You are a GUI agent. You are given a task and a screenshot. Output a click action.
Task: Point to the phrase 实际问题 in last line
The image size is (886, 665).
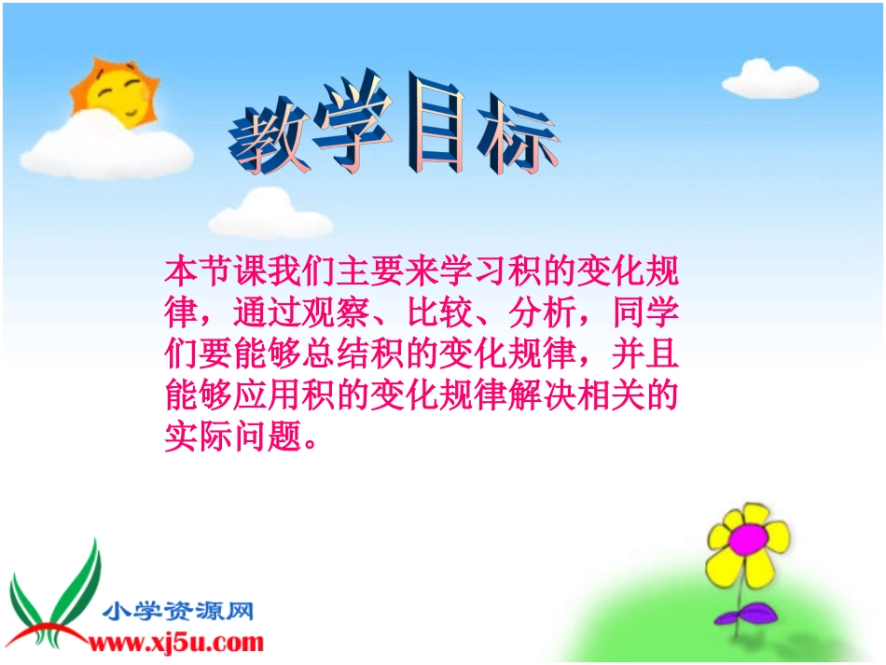pos(235,436)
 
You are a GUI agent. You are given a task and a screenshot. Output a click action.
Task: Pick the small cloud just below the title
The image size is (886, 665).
pos(256,214)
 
